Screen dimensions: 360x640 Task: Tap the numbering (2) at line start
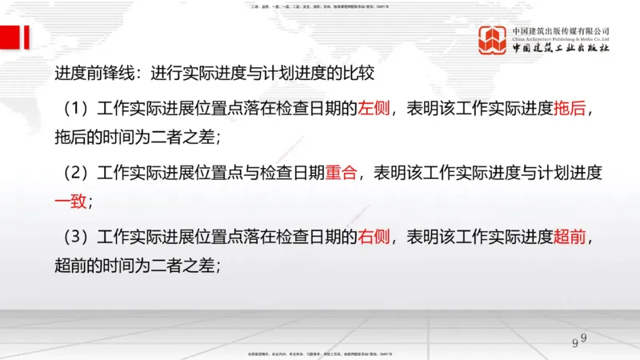[x=78, y=172]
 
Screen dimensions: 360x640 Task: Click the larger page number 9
[x=574, y=344]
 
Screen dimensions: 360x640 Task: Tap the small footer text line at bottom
[x=320, y=353]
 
